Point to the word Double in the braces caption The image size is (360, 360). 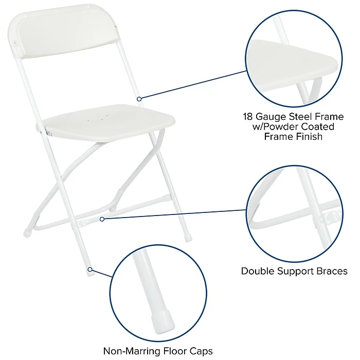tap(258, 271)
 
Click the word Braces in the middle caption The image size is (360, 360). tap(331, 271)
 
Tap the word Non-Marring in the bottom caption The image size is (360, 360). tap(129, 351)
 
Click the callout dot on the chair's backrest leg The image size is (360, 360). tap(139, 98)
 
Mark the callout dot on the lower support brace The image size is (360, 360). tap(102, 219)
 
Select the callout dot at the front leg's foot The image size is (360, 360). tap(89, 269)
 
